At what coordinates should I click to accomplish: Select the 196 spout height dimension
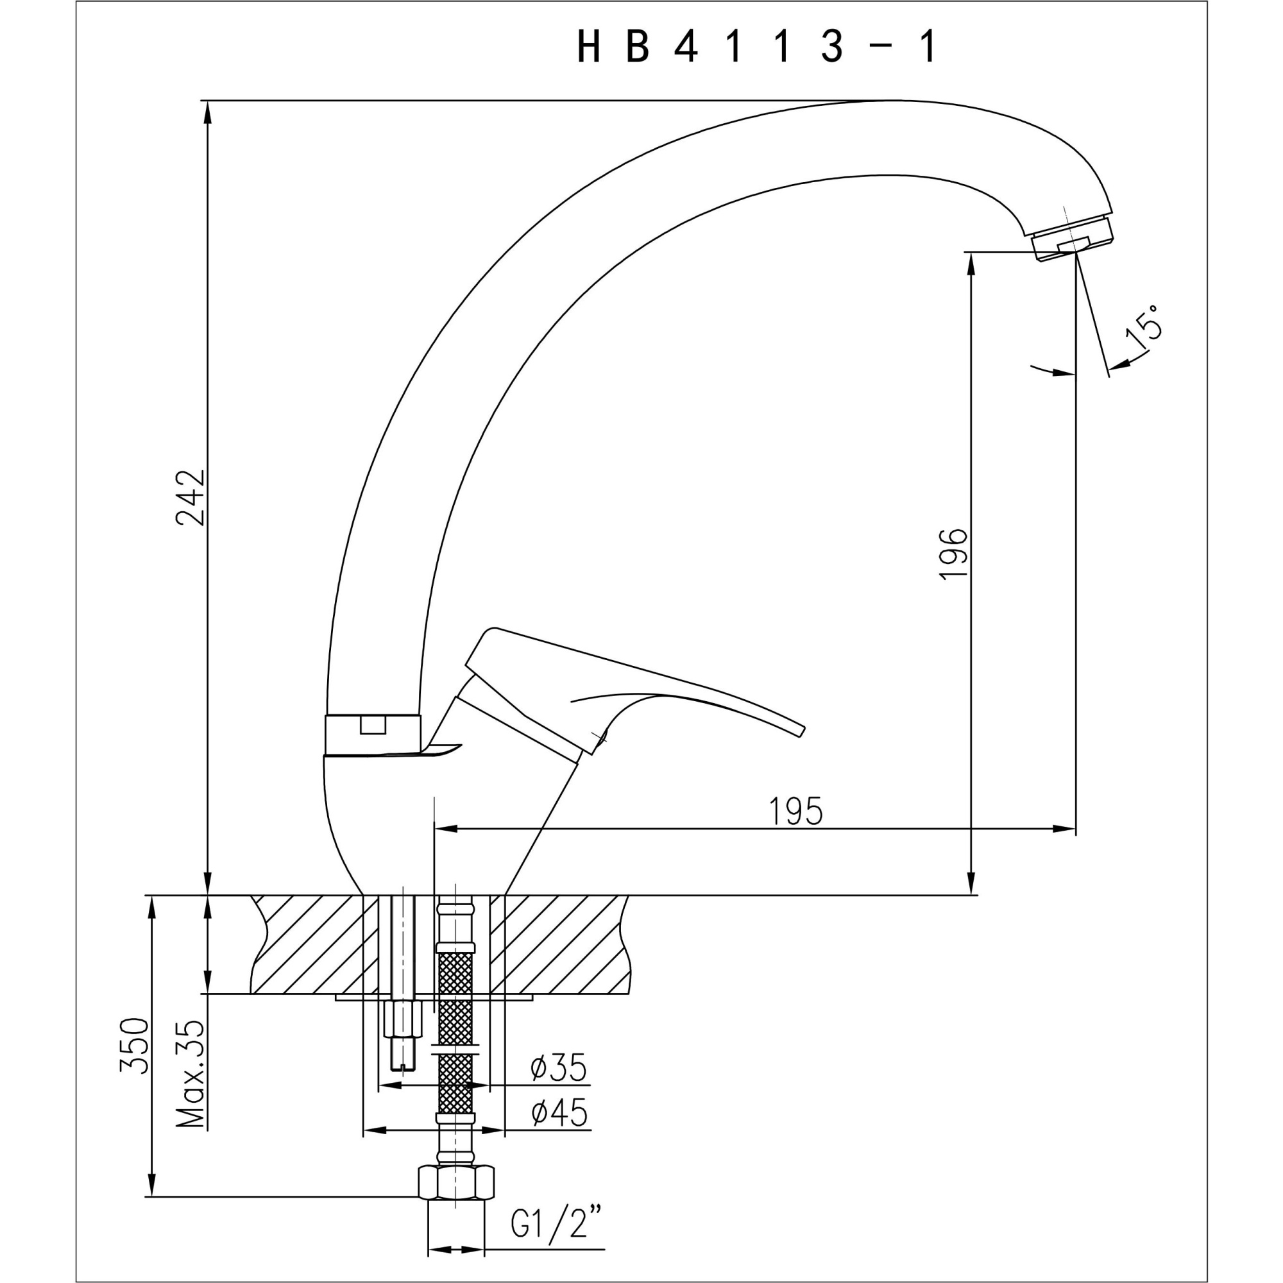click(955, 555)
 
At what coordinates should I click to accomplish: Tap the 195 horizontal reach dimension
click(795, 811)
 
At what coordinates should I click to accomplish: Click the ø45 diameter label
click(559, 1113)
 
